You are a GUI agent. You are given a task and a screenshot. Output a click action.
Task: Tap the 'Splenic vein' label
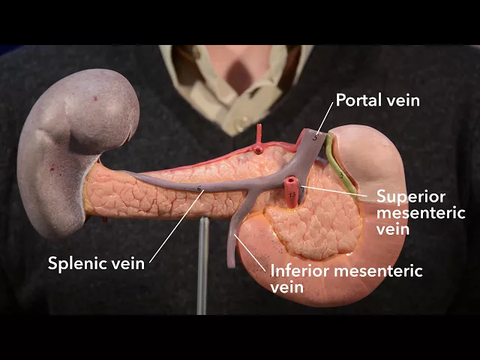96,263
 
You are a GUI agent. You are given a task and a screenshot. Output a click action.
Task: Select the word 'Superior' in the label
411,197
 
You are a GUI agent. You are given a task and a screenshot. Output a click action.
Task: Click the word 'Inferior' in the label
297,271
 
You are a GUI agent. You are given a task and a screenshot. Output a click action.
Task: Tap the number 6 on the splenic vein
199,187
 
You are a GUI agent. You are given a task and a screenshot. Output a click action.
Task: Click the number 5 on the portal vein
316,136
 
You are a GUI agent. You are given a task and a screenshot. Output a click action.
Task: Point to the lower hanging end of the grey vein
232,259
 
